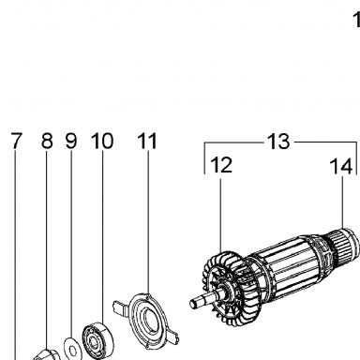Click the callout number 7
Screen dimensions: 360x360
(17, 141)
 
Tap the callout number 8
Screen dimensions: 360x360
(47, 141)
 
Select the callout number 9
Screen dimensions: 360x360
(71, 141)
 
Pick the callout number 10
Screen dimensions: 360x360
(102, 141)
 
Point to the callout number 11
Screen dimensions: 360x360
(147, 141)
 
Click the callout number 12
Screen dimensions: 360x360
(221, 165)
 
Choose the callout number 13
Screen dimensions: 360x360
(278, 142)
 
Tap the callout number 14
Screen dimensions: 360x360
(341, 166)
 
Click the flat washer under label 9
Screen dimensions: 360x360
(72, 348)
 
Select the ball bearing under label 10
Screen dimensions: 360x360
(98, 340)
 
